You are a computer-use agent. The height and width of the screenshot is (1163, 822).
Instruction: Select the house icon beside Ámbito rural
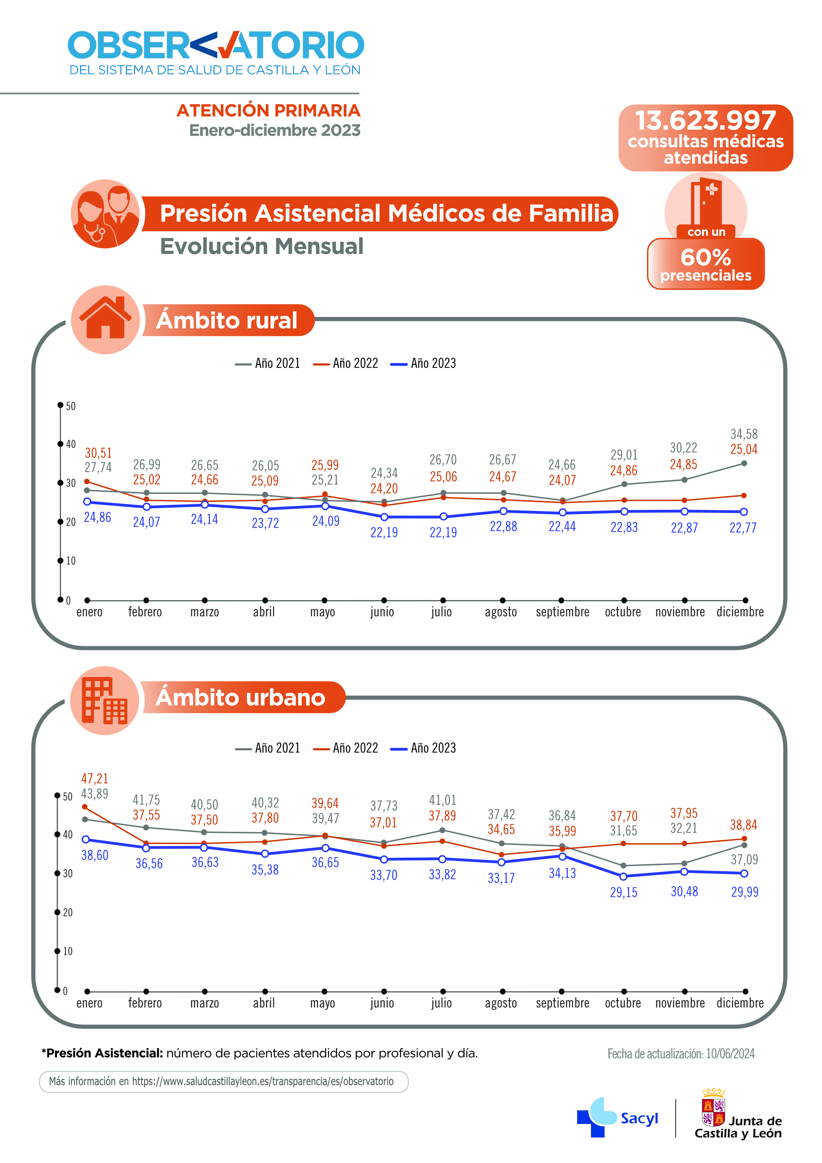[x=105, y=319]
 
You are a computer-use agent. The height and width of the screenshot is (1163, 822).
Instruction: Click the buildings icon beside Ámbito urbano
[x=105, y=701]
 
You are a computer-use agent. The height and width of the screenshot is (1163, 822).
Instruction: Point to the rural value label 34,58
[x=743, y=434]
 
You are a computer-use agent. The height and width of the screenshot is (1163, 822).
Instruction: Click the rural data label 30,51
[x=98, y=453]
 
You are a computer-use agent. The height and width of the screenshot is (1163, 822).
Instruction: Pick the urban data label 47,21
[x=95, y=778]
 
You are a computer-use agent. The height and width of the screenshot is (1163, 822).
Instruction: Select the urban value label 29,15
[x=623, y=892]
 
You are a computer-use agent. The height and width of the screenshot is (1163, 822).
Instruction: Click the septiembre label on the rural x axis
[x=562, y=612]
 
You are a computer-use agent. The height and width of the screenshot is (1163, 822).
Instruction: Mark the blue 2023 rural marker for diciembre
[x=743, y=512]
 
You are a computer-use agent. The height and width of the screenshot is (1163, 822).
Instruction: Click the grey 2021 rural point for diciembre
[x=743, y=463]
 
